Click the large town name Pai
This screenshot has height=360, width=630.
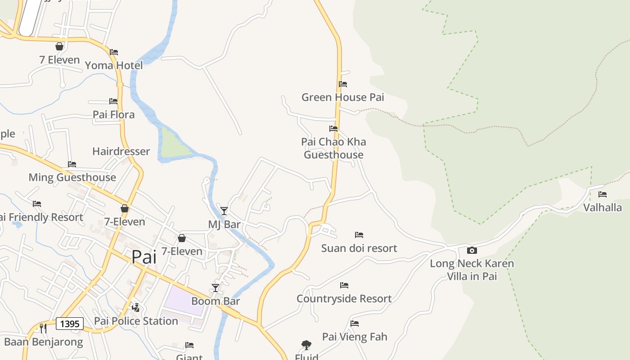[144, 257]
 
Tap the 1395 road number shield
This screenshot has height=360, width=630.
[70, 324]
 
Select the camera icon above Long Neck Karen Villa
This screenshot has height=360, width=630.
[472, 250]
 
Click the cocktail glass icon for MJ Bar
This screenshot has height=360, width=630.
[224, 211]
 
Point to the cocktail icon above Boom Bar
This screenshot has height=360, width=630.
[216, 288]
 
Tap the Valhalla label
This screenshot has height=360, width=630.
[603, 207]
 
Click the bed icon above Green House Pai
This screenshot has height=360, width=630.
[343, 84]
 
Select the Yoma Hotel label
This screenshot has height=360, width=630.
[114, 66]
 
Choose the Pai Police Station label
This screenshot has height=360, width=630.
[136, 321]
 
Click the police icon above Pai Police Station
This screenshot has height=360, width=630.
[135, 308]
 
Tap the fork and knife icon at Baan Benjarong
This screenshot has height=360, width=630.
[43, 328]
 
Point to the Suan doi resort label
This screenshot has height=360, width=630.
[359, 248]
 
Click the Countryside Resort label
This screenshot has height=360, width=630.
[344, 298]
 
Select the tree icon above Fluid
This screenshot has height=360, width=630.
[306, 345]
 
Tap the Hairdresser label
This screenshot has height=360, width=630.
[121, 151]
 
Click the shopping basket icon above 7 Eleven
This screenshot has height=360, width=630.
[59, 46]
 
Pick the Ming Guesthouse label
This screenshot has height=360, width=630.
[72, 177]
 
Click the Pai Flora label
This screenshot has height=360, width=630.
[113, 115]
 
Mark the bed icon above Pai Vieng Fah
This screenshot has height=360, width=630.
[355, 323]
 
